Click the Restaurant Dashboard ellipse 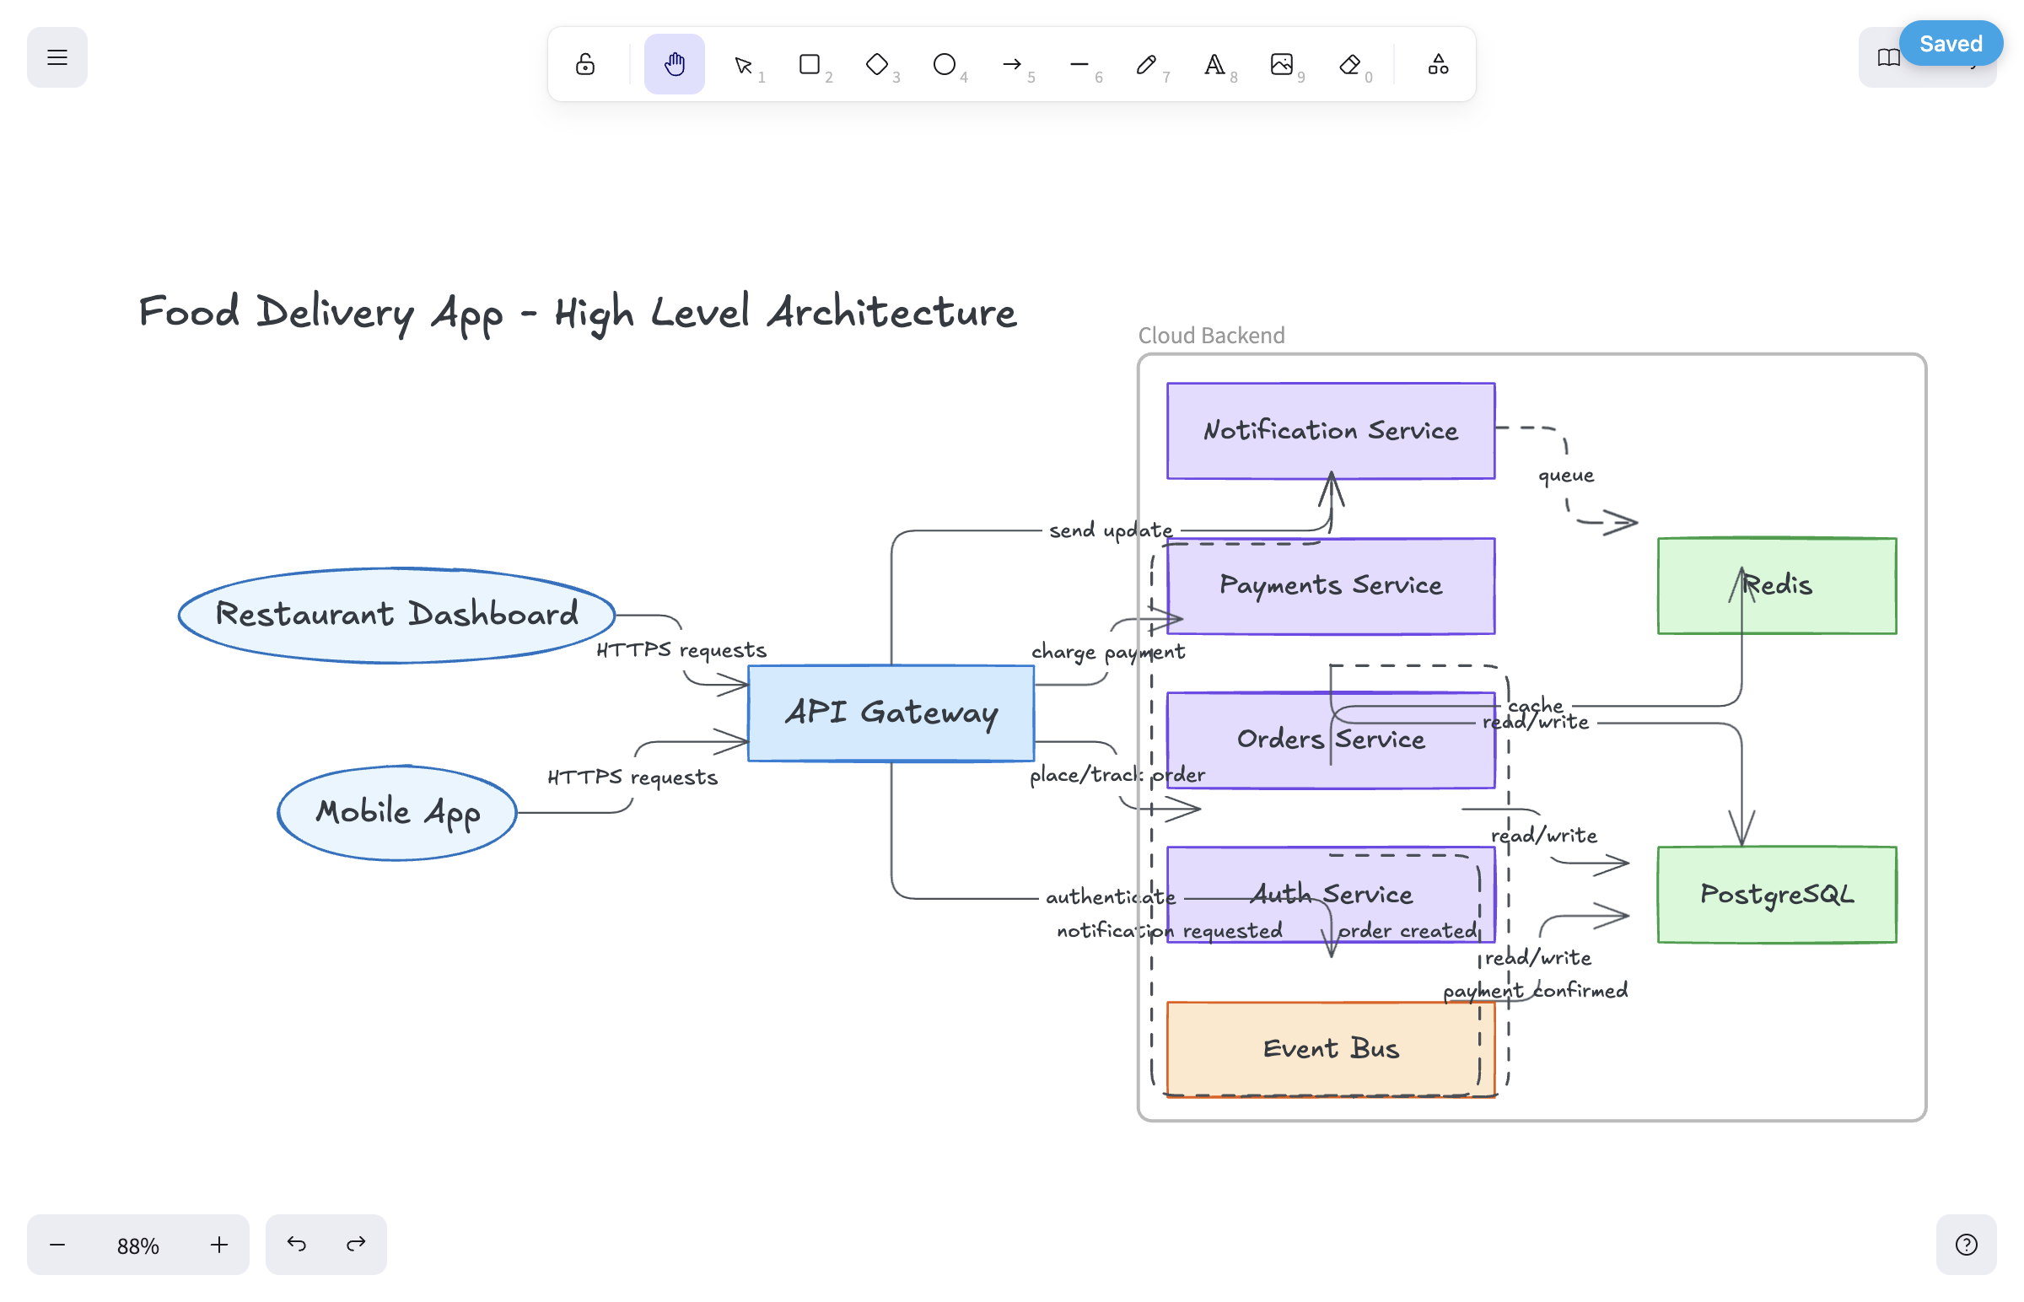tap(396, 615)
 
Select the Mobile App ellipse tap(396, 812)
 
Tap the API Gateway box tap(891, 713)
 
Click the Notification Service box tap(1331, 430)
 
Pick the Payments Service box tap(1331, 585)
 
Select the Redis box tap(1777, 585)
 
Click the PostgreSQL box tap(1777, 895)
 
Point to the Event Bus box tap(1331, 1049)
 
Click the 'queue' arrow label tap(1566, 476)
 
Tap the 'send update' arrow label tap(1110, 530)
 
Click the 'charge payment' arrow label tap(1107, 652)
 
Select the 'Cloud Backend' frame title tap(1211, 336)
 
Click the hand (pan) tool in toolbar tap(674, 64)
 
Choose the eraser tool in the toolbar tap(1350, 64)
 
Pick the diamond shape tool tap(877, 64)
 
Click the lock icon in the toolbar tap(585, 64)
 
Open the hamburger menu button tap(57, 57)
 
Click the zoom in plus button tap(219, 1245)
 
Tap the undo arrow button tap(296, 1245)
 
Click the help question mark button tap(1967, 1245)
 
